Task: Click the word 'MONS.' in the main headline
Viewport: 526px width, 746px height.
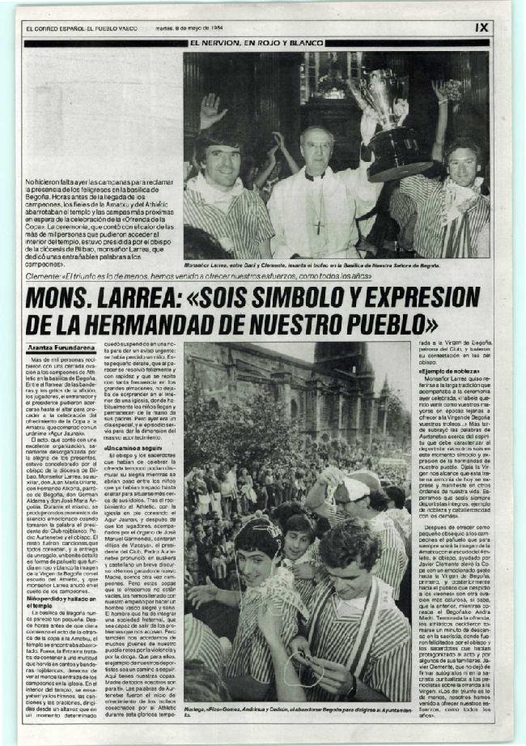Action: [x=67, y=299]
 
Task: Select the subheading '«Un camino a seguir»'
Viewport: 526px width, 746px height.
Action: [x=130, y=447]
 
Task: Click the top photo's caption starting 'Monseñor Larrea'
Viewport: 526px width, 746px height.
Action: [x=336, y=265]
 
